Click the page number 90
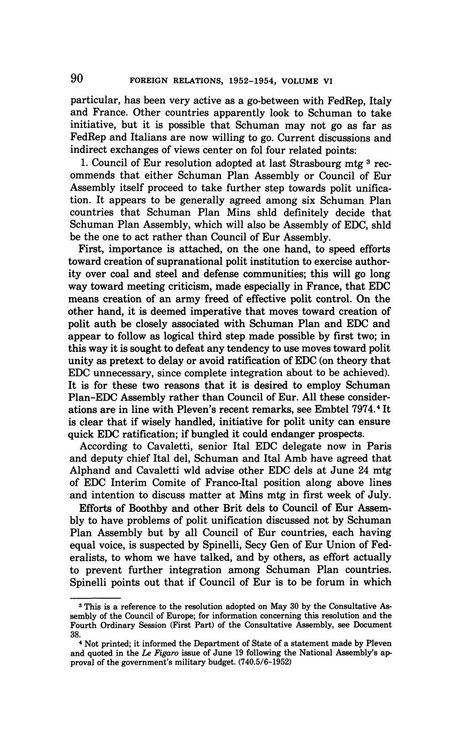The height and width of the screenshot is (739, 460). click(77, 79)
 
